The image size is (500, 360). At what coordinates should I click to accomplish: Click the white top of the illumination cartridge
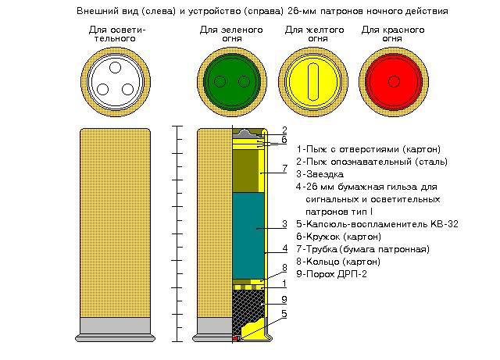coord(114,82)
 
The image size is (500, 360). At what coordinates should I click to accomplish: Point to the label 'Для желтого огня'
coord(306,34)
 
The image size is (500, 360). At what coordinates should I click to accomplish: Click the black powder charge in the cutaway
coord(248,308)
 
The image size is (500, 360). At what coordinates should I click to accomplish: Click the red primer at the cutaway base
coord(236,338)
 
